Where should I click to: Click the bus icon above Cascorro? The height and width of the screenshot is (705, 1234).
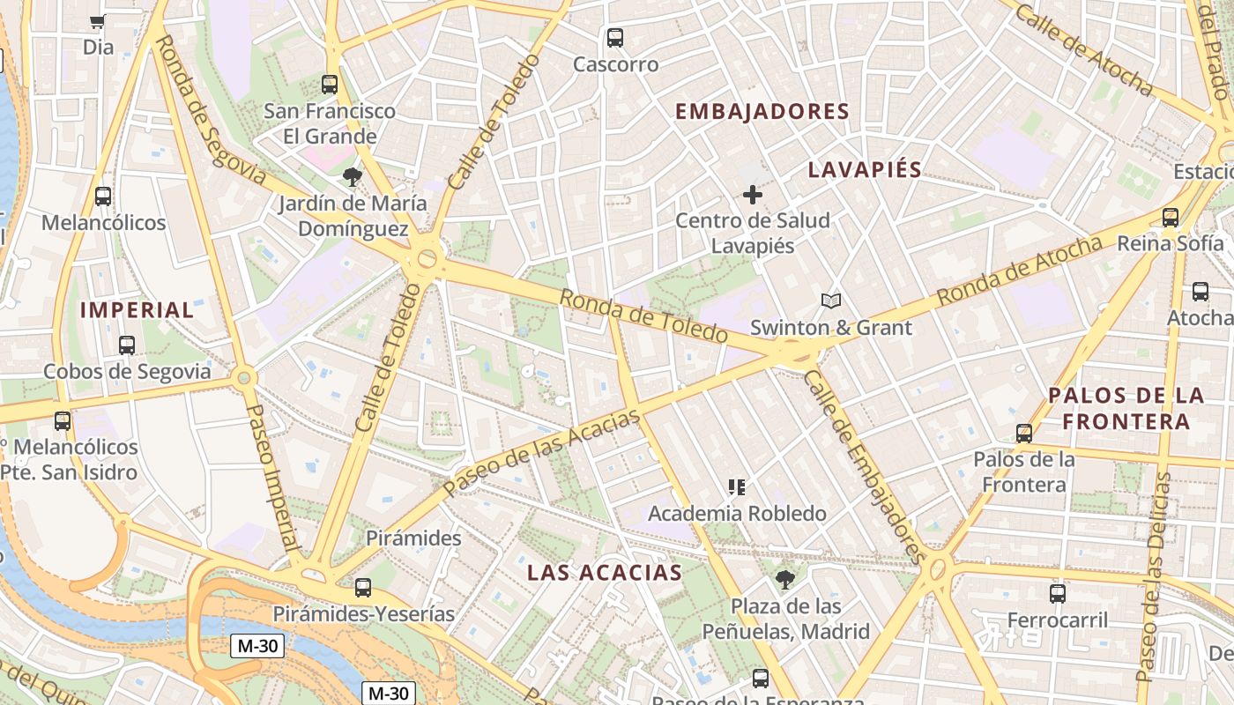coord(615,38)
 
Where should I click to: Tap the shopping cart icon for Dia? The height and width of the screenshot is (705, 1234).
coord(98,21)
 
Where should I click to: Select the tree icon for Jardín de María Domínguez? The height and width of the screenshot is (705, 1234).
coord(353,177)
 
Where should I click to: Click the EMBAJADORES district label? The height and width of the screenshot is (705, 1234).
coord(762,112)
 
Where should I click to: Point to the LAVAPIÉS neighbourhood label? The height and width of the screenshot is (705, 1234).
coord(865,170)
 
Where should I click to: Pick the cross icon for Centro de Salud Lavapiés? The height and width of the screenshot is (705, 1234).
coord(752,195)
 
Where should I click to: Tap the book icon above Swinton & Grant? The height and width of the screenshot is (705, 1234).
coord(831,301)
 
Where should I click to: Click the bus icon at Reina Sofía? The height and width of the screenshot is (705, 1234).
coord(1171,217)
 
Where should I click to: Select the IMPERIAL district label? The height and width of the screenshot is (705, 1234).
coord(137,310)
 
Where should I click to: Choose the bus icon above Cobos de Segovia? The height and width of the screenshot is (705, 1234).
coord(127,345)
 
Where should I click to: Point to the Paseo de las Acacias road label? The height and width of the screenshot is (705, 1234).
coord(541,454)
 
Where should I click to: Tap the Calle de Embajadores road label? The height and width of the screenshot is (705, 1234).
coord(865,467)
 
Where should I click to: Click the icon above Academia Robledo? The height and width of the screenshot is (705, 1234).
coord(737,486)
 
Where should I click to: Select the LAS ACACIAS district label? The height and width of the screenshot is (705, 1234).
coord(605,573)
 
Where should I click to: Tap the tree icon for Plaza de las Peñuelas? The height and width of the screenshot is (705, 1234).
coord(784,580)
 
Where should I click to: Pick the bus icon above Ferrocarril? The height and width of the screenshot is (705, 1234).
coord(1058,594)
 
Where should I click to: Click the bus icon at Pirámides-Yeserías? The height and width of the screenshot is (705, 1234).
coord(362,588)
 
